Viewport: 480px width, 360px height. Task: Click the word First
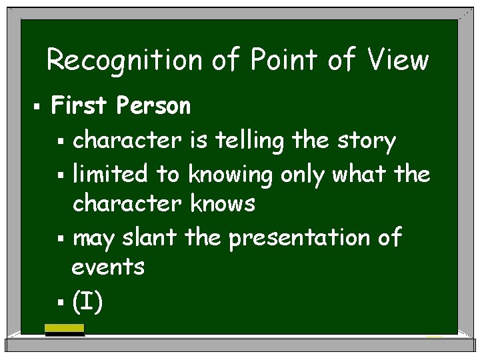(x=80, y=105)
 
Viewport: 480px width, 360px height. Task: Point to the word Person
(x=153, y=105)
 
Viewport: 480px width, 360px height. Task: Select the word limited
(x=110, y=174)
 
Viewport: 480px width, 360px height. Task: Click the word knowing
(x=229, y=175)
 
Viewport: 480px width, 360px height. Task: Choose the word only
(x=303, y=175)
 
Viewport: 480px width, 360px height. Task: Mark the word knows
(x=223, y=203)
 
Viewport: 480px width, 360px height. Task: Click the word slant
(x=150, y=237)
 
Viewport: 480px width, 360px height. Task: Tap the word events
(x=108, y=267)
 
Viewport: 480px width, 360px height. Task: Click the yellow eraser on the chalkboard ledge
(x=64, y=329)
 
